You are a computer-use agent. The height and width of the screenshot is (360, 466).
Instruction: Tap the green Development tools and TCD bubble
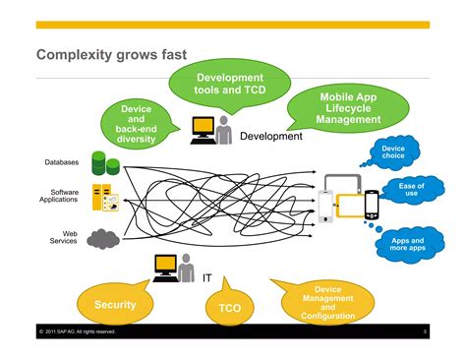click(x=229, y=85)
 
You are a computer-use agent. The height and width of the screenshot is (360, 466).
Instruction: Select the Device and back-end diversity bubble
click(x=137, y=125)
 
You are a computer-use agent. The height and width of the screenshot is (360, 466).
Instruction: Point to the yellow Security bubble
click(x=115, y=305)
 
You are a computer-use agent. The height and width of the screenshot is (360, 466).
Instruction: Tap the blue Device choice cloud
click(x=393, y=153)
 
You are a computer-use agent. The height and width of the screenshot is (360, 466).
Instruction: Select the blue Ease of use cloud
click(x=412, y=189)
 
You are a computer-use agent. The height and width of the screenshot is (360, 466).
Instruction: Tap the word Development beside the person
click(x=271, y=137)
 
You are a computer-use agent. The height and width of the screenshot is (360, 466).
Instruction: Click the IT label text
click(x=206, y=278)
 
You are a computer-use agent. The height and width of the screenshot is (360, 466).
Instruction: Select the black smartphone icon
click(x=372, y=205)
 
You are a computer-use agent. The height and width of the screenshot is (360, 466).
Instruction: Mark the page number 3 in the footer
click(x=425, y=331)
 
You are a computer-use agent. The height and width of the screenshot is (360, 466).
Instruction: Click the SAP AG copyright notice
click(x=79, y=331)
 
